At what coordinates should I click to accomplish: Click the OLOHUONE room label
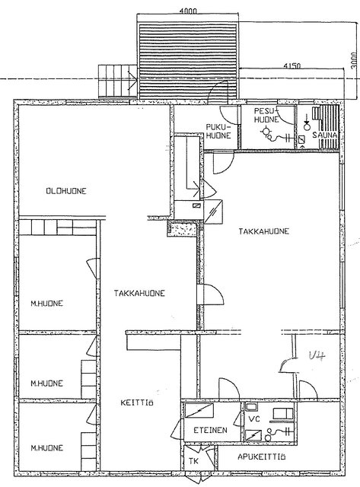click(66, 191)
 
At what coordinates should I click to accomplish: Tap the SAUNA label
click(324, 135)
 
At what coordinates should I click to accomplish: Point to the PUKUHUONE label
click(218, 132)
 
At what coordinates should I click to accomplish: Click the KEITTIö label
click(137, 403)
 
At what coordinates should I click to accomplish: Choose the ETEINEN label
click(210, 430)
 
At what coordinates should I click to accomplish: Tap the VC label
click(254, 419)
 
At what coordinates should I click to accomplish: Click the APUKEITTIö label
click(262, 457)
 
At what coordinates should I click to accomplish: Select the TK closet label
click(193, 461)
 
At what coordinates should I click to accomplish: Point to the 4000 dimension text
click(188, 11)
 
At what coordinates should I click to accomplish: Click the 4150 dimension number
click(292, 65)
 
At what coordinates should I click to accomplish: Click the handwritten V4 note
click(317, 356)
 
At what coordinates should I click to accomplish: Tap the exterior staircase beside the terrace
click(118, 81)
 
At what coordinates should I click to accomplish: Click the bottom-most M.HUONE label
click(46, 447)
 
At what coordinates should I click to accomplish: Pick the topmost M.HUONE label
click(46, 303)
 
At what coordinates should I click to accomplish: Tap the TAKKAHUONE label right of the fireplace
click(263, 231)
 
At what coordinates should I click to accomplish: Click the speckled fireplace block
click(183, 229)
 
